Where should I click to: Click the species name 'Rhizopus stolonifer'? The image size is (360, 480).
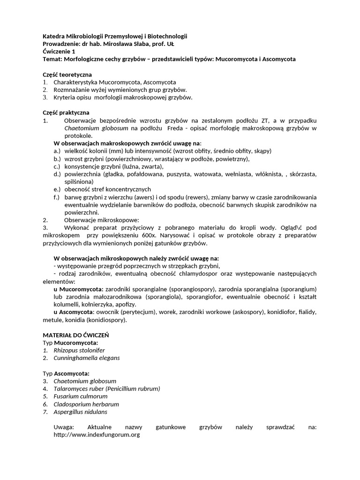79,350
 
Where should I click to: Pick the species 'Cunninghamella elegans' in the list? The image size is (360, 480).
87,358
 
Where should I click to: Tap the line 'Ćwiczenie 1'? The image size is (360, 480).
58,52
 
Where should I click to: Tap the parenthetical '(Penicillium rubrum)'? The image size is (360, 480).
133,389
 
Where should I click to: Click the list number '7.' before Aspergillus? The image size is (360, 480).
45,412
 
